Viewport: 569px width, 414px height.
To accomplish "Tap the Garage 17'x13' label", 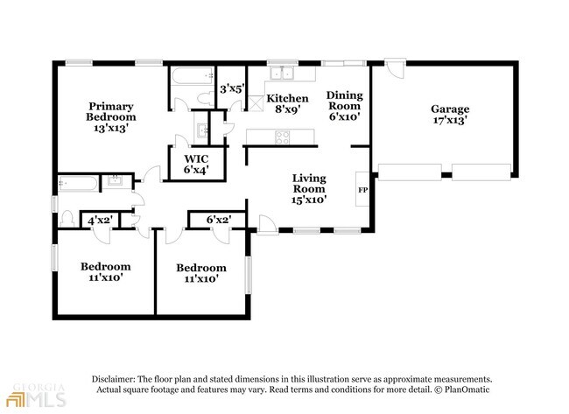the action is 450,115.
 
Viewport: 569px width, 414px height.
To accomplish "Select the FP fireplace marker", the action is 362,190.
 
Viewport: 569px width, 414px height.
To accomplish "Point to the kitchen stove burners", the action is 283,137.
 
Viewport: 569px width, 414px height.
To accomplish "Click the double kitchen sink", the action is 282,73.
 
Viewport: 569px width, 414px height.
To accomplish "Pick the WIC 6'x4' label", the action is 196,164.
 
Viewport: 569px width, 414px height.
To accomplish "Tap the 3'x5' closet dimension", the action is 232,88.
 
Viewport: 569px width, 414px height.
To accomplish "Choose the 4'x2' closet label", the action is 100,221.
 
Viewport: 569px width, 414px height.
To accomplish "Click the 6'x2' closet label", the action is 219,220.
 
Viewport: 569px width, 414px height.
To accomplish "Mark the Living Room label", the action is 309,189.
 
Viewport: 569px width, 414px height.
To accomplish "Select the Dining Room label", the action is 344,106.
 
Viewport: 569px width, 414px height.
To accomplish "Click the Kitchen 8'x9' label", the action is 287,103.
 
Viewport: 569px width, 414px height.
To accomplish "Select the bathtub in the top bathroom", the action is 193,76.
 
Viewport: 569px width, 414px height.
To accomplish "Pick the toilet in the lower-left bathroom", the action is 67,219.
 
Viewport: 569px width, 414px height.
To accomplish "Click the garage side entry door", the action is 394,69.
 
